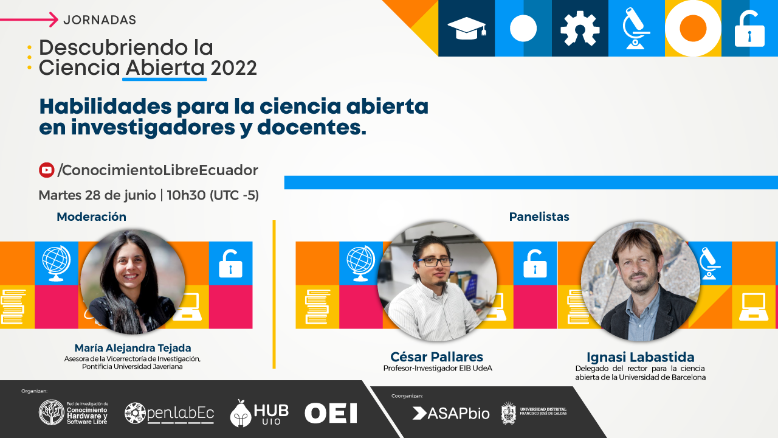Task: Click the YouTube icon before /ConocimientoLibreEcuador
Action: click(47, 170)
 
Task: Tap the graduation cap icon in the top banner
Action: click(466, 29)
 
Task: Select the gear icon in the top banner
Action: click(580, 29)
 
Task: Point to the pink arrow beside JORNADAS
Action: click(29, 19)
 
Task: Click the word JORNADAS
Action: click(100, 20)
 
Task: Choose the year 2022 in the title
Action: click(233, 68)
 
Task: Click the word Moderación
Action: click(91, 217)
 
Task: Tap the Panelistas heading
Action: click(539, 217)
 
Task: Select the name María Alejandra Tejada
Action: click(133, 347)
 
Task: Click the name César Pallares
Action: click(436, 356)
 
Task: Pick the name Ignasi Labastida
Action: click(641, 357)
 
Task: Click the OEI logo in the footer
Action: click(331, 413)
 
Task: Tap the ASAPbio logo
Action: click(451, 413)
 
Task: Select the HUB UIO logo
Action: click(259, 413)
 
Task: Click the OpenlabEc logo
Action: click(169, 413)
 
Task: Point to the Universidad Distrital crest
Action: click(509, 413)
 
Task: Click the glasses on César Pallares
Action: click(435, 262)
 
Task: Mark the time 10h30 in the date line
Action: click(186, 195)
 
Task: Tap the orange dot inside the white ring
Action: click(693, 28)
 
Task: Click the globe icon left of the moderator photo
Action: click(57, 263)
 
